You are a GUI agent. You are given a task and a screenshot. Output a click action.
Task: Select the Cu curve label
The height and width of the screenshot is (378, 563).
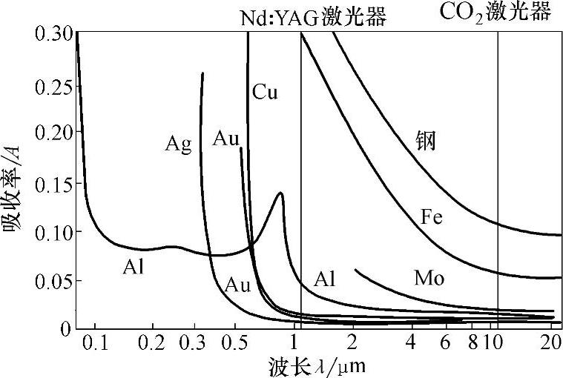(x=265, y=93)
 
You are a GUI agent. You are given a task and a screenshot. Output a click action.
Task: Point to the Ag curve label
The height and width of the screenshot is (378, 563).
(x=179, y=143)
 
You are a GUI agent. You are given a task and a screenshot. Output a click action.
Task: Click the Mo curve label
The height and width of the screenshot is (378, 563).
(x=429, y=279)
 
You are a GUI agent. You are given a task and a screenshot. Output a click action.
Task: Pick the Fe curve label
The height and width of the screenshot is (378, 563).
(x=432, y=217)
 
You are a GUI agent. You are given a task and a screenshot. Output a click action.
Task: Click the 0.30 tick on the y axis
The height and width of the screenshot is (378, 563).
(x=52, y=33)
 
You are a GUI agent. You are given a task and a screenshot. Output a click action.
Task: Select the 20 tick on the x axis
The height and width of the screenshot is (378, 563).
(x=550, y=343)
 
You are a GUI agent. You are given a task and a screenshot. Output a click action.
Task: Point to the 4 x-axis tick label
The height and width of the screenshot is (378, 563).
(x=411, y=343)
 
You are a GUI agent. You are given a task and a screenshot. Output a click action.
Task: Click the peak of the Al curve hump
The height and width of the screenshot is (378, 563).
(x=280, y=193)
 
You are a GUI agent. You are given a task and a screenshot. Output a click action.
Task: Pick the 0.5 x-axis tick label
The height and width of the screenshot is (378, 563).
(x=234, y=343)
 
